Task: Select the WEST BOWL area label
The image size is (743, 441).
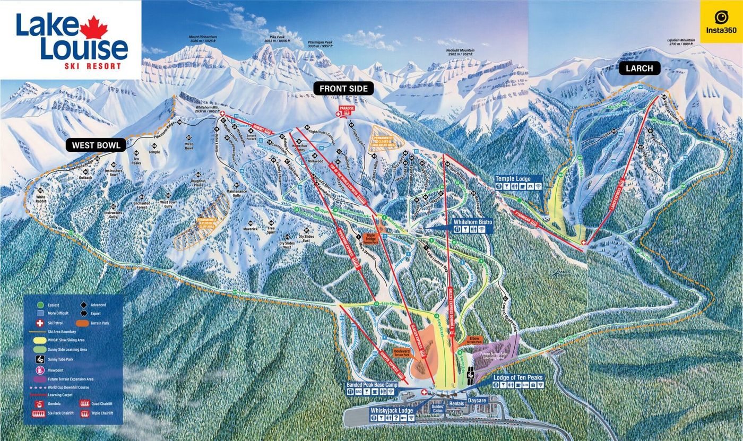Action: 96,144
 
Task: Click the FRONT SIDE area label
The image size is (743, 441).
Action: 343,89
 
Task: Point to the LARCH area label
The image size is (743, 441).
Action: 638,68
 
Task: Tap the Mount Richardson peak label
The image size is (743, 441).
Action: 203,39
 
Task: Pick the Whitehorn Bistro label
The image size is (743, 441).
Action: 473,222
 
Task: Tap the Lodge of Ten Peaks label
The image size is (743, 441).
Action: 517,377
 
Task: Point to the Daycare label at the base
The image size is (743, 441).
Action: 477,396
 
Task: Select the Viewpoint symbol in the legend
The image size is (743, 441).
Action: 39,370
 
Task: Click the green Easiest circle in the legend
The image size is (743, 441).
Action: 39,305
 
